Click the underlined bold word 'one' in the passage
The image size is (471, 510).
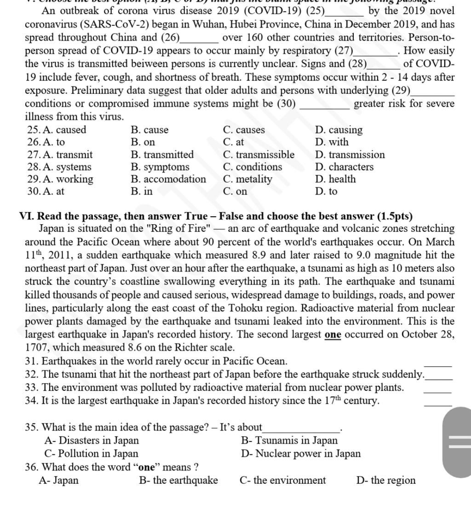(333, 335)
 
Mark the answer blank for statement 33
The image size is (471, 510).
(437, 389)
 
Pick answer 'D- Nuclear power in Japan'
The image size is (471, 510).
(301, 454)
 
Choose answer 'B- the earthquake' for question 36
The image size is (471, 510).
(178, 481)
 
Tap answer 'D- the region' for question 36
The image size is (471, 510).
(386, 481)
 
